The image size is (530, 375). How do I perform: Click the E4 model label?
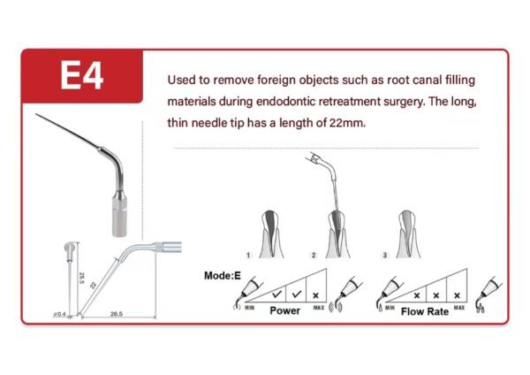pyautogui.click(x=82, y=75)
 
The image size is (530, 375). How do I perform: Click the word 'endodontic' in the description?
pyautogui.click(x=285, y=102)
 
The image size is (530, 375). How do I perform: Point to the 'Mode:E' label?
pyautogui.click(x=223, y=276)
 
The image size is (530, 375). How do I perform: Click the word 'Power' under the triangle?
pyautogui.click(x=285, y=310)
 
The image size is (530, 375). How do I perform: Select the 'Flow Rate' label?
pyautogui.click(x=425, y=311)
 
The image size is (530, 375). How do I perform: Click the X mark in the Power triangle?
pyautogui.click(x=315, y=295)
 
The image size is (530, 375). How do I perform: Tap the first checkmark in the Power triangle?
pyautogui.click(x=276, y=295)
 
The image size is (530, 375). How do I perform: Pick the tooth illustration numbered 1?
pyautogui.click(x=271, y=234)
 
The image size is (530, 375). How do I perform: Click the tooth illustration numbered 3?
pyautogui.click(x=408, y=234)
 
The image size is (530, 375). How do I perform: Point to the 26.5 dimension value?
pyautogui.click(x=117, y=314)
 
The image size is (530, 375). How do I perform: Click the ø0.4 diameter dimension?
pyautogui.click(x=59, y=315)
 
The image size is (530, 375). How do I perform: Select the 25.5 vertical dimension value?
pyautogui.click(x=81, y=279)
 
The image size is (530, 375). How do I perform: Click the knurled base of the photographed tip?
pyautogui.click(x=119, y=218)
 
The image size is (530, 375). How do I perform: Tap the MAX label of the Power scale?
pyautogui.click(x=319, y=307)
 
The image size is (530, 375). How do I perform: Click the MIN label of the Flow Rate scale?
pyautogui.click(x=390, y=308)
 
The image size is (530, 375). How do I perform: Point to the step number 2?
pyautogui.click(x=314, y=256)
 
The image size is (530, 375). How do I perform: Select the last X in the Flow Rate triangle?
pyautogui.click(x=457, y=295)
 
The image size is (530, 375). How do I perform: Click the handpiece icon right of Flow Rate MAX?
pyautogui.click(x=488, y=295)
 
